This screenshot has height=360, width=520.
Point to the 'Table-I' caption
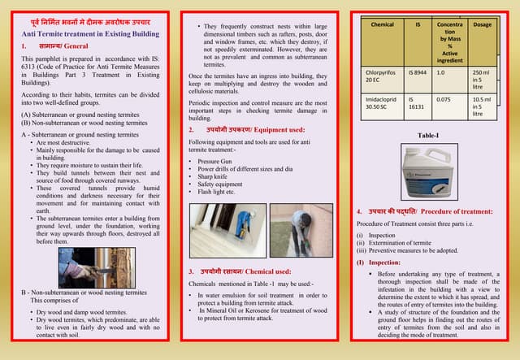click(x=428, y=136)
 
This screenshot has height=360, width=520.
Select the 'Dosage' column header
click(x=482, y=25)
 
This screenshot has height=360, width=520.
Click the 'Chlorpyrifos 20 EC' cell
click(x=379, y=76)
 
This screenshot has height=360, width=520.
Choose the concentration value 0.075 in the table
click(x=444, y=99)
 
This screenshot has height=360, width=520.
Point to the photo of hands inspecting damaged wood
click(x=85, y=267)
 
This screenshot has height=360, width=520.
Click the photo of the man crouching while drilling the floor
click(x=301, y=229)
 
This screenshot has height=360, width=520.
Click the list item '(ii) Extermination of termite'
click(x=397, y=243)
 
